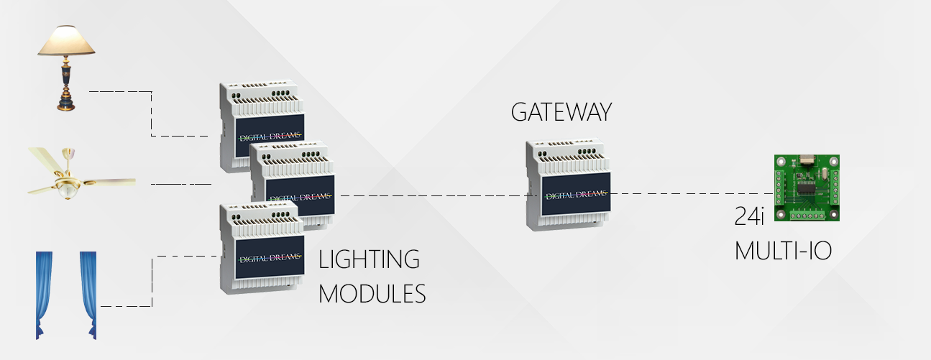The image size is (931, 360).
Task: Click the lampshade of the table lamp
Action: pyautogui.click(x=67, y=42)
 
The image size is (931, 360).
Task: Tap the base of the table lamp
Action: pyautogui.click(x=67, y=104)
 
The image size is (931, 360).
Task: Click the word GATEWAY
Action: pyautogui.click(x=561, y=112)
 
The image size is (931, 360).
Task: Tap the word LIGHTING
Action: pyautogui.click(x=369, y=259)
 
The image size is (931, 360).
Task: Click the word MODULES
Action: pyautogui.click(x=372, y=294)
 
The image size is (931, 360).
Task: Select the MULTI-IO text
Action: pyautogui.click(x=783, y=251)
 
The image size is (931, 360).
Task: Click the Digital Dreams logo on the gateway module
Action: pyautogui.click(x=576, y=194)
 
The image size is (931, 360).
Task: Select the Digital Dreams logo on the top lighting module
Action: pyautogui.click(x=270, y=135)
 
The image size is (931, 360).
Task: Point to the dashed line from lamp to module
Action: pyautogui.click(x=152, y=115)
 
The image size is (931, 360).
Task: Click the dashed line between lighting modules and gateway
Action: pyautogui.click(x=431, y=195)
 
